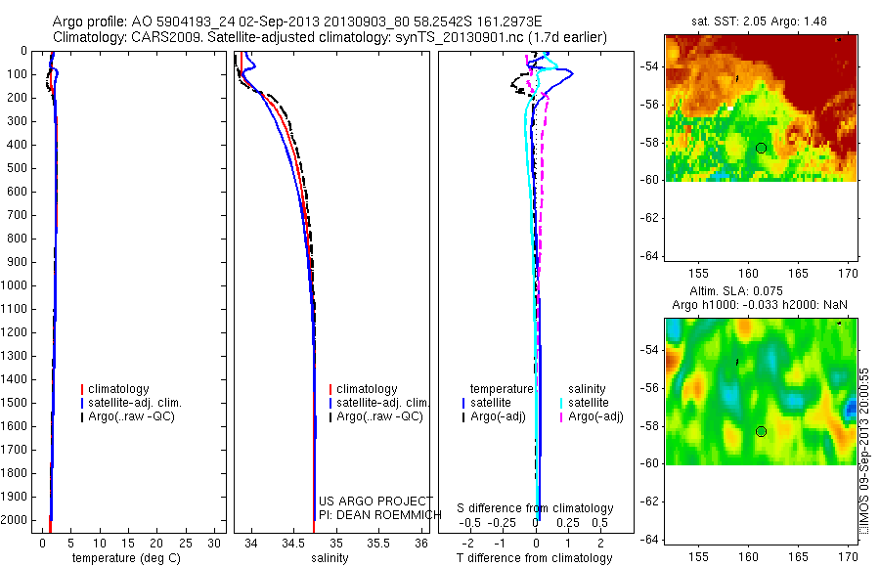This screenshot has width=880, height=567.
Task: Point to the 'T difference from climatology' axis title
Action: click(534, 558)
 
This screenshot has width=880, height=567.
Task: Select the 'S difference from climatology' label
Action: click(535, 508)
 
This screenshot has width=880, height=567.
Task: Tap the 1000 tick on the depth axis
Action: click(16, 285)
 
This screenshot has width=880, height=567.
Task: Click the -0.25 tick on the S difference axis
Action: click(503, 522)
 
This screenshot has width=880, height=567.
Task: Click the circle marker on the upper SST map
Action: click(761, 148)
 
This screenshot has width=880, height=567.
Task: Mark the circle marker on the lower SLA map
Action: click(761, 431)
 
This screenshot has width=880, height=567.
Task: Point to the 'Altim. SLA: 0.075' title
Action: click(759, 292)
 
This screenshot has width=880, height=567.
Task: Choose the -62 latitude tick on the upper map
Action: click(648, 218)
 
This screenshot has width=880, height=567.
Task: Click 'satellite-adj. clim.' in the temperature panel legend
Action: click(136, 403)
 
